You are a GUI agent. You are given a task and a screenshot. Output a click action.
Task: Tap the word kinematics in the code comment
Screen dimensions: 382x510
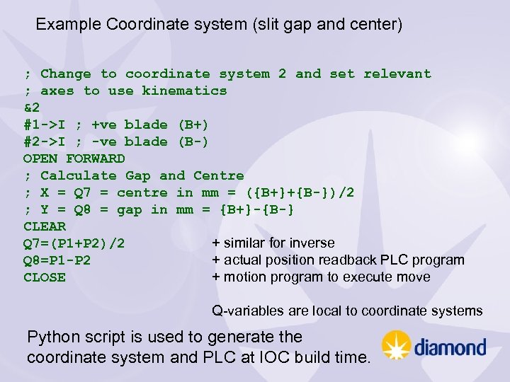(x=184, y=91)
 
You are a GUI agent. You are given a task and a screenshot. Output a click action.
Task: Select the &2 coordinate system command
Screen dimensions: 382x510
(x=32, y=108)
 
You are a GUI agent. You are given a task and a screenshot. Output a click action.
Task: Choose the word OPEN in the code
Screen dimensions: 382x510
(x=40, y=158)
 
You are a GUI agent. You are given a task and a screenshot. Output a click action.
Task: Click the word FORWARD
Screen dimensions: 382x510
(x=96, y=158)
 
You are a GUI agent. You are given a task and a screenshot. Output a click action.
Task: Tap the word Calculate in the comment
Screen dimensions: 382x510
(x=78, y=175)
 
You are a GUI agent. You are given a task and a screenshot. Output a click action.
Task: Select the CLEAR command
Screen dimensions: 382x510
(x=45, y=226)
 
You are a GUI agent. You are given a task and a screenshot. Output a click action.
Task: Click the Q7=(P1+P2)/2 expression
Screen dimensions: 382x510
(x=74, y=243)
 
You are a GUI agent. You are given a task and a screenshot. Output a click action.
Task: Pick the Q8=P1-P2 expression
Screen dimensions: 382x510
(x=57, y=260)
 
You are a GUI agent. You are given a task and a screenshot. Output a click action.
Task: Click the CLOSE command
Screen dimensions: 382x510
(x=45, y=277)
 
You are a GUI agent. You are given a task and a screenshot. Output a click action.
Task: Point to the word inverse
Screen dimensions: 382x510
(x=311, y=243)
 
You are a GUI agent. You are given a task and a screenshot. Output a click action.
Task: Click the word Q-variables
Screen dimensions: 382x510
(x=246, y=311)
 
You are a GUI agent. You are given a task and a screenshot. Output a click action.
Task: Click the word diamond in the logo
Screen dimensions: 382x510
(x=450, y=347)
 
